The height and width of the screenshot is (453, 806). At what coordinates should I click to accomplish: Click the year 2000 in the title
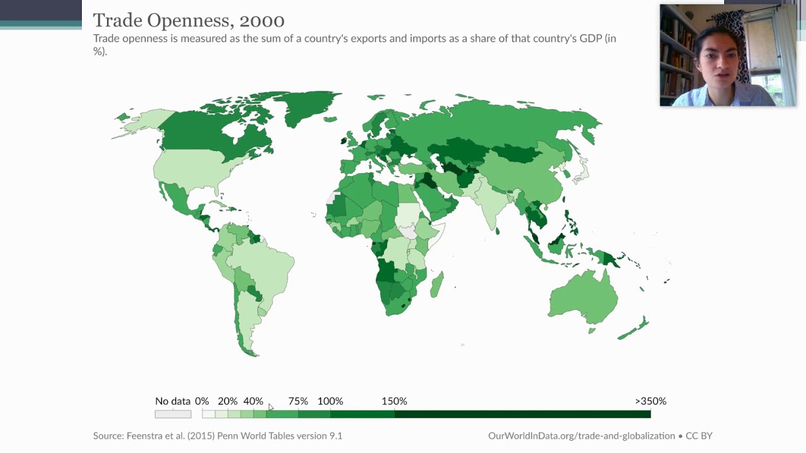pyautogui.click(x=262, y=21)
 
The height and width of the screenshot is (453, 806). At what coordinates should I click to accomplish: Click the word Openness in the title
pyautogui.click(x=188, y=21)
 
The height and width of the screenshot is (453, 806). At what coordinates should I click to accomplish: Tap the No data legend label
pyautogui.click(x=173, y=401)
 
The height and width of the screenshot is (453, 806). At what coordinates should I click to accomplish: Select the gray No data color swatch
pyautogui.click(x=173, y=414)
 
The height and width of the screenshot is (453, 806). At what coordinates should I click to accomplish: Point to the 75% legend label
pyautogui.click(x=298, y=401)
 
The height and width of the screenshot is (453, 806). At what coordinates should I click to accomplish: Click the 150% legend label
pyautogui.click(x=394, y=401)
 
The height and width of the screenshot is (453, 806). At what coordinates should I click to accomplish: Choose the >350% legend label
pyautogui.click(x=650, y=401)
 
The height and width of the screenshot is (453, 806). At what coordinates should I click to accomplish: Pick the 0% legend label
pyautogui.click(x=202, y=401)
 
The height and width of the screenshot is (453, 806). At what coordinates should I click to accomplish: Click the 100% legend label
pyautogui.click(x=331, y=401)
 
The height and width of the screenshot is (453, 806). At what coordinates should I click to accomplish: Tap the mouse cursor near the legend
pyautogui.click(x=271, y=407)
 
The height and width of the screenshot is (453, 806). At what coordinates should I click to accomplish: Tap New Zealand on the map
pyautogui.click(x=634, y=328)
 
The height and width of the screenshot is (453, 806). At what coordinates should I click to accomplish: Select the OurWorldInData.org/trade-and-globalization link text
pyautogui.click(x=581, y=436)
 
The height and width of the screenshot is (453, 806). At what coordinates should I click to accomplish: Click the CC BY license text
pyautogui.click(x=699, y=436)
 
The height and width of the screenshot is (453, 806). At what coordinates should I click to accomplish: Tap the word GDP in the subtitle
pyautogui.click(x=591, y=38)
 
